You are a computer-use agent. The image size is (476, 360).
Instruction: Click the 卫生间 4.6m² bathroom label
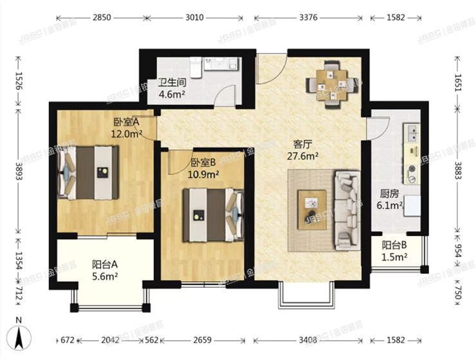coord(172,88)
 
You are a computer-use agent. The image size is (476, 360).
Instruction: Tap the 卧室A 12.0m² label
coord(127,128)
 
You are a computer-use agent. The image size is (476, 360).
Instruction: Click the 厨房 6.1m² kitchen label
coord(390,200)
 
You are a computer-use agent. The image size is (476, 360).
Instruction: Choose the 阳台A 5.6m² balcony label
coord(105,270)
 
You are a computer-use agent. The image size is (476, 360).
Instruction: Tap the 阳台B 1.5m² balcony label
coord(394,251)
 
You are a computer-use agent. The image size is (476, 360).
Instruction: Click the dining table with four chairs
coord(331,84)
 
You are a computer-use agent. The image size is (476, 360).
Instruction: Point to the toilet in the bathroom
coord(196,66)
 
